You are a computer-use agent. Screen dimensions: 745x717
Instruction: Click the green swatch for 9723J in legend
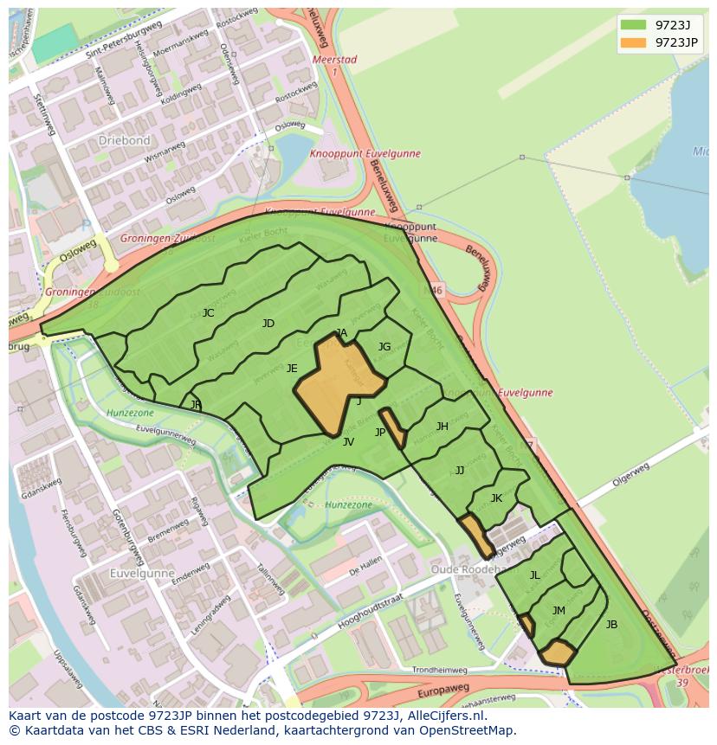point(633,24)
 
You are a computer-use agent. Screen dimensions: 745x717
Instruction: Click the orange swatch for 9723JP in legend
point(633,42)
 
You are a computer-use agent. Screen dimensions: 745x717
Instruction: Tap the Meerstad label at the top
point(333,60)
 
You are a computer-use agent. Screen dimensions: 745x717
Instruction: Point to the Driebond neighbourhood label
point(124,140)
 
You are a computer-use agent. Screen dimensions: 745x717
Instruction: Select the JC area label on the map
point(208,313)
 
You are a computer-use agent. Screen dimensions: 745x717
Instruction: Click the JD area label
point(268,324)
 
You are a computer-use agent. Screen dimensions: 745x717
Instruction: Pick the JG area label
point(384,347)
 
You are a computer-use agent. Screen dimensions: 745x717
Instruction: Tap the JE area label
point(292,369)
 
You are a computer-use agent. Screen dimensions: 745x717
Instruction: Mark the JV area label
point(348,442)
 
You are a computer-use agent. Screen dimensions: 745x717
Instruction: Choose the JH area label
point(442,427)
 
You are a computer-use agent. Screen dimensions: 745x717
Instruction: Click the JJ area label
point(460,471)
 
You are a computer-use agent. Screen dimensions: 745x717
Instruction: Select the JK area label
point(496,498)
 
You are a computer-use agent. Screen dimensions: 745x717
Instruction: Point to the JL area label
point(534,575)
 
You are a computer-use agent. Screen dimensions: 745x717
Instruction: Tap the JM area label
point(559,611)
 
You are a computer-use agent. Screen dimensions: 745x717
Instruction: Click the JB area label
point(611,625)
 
